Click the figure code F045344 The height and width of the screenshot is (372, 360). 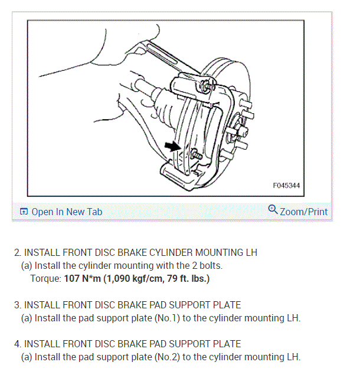point(286,185)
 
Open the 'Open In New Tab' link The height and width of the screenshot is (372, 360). point(67,212)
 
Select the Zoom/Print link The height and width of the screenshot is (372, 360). point(304,211)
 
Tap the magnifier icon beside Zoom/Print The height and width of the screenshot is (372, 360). point(273,209)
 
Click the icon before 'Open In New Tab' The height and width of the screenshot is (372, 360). point(24,212)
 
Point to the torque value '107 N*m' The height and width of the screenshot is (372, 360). point(83,278)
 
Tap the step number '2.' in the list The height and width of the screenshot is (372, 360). point(18,252)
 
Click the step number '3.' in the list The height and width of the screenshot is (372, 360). point(18,305)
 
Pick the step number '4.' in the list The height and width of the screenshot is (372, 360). point(18,344)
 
